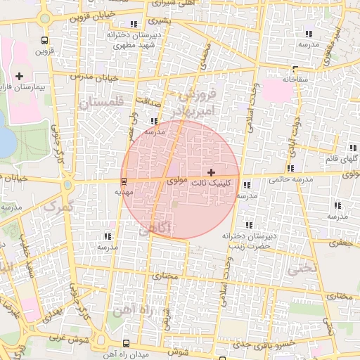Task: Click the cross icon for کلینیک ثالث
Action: (x=211, y=172)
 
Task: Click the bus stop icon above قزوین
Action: (x=46, y=40)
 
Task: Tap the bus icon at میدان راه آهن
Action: (x=126, y=343)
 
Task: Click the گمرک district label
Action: (x=58, y=207)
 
